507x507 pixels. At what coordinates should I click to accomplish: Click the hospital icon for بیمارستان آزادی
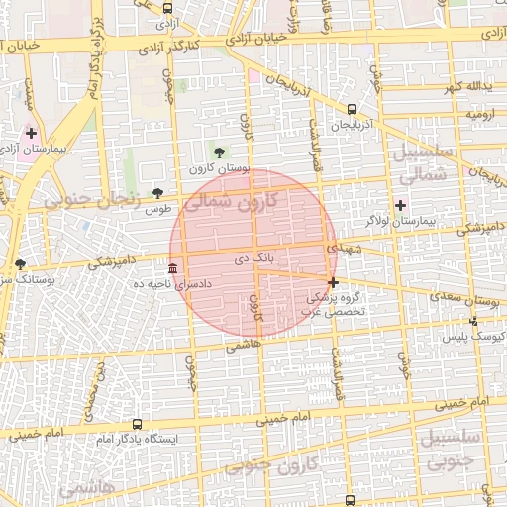click(32, 133)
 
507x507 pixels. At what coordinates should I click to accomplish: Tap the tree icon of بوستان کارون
click(219, 152)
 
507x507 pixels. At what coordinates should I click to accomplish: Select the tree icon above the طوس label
click(157, 193)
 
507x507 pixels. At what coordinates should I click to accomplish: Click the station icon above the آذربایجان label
click(354, 110)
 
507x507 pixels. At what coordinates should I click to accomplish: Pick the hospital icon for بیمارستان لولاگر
click(400, 205)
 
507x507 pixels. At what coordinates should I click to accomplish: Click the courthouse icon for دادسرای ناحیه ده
click(173, 268)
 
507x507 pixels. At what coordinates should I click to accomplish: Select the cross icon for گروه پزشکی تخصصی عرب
click(334, 283)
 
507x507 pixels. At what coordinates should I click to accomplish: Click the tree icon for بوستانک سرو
click(21, 264)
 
